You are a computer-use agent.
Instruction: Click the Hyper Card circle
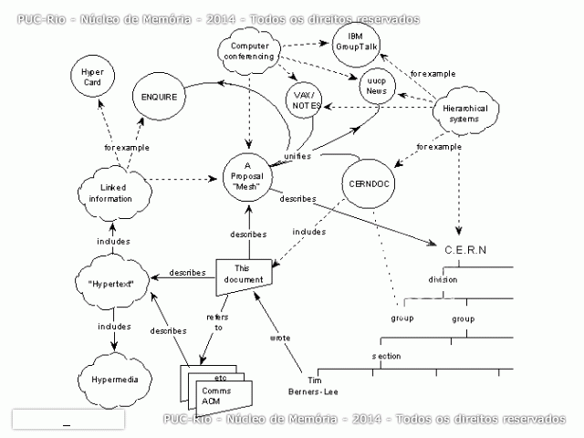tap(92, 76)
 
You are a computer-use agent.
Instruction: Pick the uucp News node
tap(372, 86)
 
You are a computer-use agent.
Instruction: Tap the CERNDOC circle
tap(370, 182)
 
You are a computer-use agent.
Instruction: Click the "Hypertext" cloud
tap(112, 284)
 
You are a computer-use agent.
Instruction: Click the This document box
tap(242, 275)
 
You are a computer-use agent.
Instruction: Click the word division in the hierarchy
tap(443, 279)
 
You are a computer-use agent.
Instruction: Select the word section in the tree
tap(386, 356)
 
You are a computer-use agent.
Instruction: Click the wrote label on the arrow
tap(280, 338)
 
